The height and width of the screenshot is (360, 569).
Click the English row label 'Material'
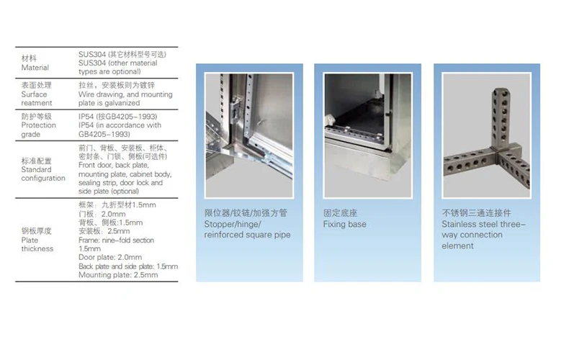click(x=35, y=68)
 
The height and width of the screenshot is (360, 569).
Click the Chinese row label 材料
click(x=30, y=58)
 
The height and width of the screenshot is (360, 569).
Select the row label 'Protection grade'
click(x=39, y=129)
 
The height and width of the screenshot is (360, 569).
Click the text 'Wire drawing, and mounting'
click(x=125, y=94)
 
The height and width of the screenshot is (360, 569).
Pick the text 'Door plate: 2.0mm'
click(x=107, y=257)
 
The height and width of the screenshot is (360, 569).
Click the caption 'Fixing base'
click(x=344, y=225)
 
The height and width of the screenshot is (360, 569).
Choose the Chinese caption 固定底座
click(x=341, y=213)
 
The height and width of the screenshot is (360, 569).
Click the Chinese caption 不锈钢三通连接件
click(x=476, y=213)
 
